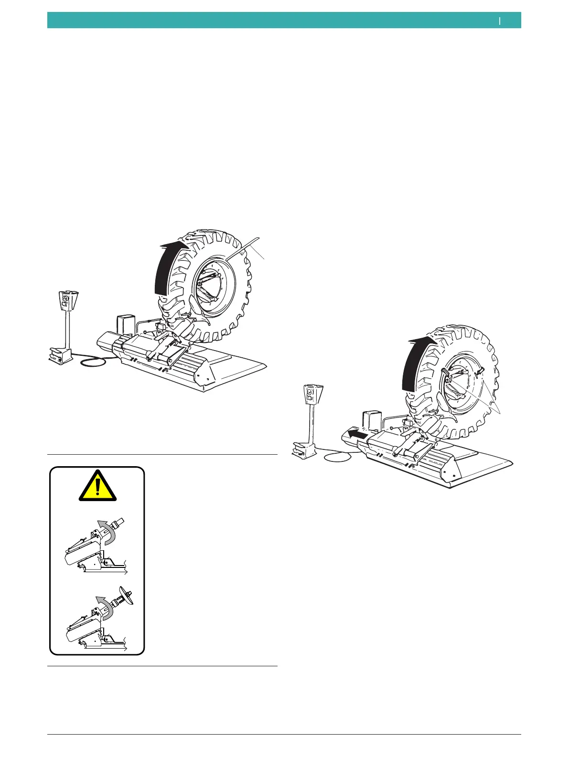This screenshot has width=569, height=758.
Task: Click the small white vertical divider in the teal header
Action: (x=500, y=21)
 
